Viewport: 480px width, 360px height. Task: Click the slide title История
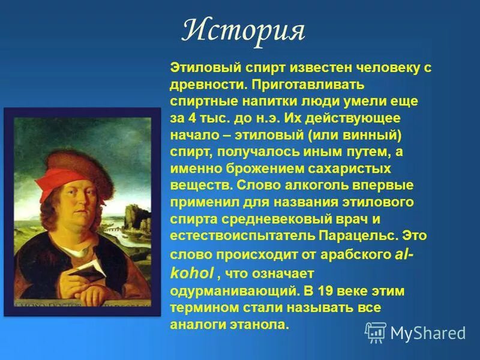243,31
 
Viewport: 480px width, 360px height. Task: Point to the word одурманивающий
233,292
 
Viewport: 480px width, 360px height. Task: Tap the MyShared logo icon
376,332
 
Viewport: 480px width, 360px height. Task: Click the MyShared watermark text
427,332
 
